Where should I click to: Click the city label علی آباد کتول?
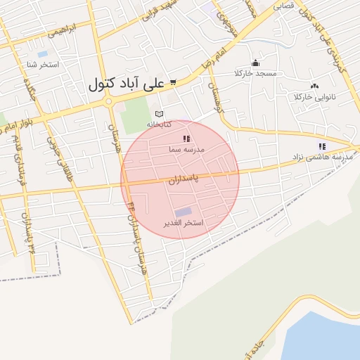click(x=126, y=84)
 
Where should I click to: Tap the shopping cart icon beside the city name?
click(x=173, y=83)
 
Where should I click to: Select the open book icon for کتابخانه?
click(x=160, y=114)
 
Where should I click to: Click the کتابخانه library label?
click(x=158, y=124)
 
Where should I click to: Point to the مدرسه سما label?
click(x=186, y=150)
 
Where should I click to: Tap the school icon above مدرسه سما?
click(x=186, y=139)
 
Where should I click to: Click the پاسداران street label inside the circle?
click(x=184, y=180)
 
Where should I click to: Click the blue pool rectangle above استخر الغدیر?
click(x=183, y=212)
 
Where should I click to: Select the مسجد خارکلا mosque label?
click(x=256, y=73)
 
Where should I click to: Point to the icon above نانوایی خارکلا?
click(x=314, y=86)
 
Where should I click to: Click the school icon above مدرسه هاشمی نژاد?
click(x=322, y=146)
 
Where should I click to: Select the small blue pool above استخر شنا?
click(x=43, y=54)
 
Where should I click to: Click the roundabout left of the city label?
click(x=108, y=102)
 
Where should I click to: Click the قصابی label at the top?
click(x=283, y=4)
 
